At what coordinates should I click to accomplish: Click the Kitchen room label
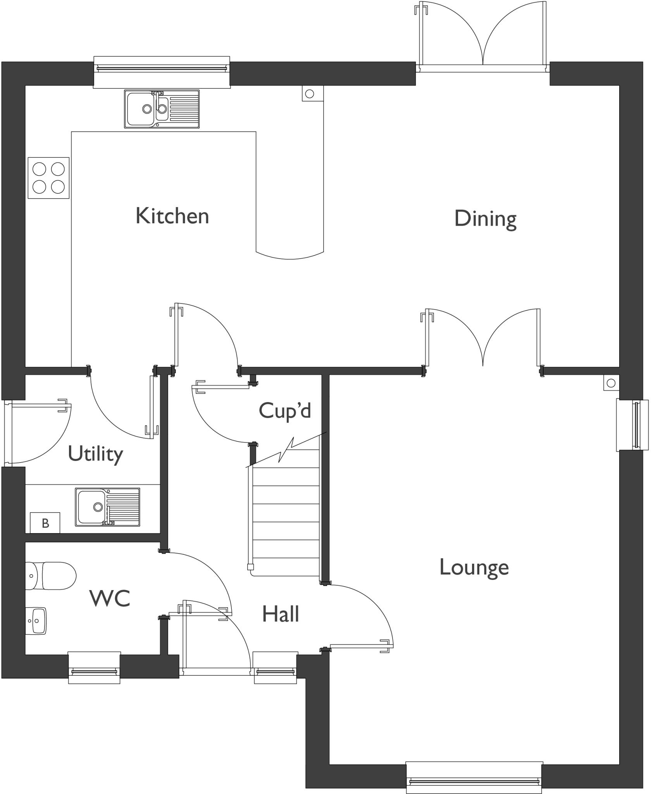click(x=172, y=216)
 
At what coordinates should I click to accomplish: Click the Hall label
click(x=280, y=614)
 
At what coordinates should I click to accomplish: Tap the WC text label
click(x=110, y=598)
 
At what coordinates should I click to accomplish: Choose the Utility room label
click(x=95, y=454)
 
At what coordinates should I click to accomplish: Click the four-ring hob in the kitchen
click(x=48, y=178)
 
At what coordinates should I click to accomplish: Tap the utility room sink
click(x=107, y=507)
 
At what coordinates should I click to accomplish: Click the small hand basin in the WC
click(x=36, y=621)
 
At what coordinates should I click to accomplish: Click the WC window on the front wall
click(x=94, y=669)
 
